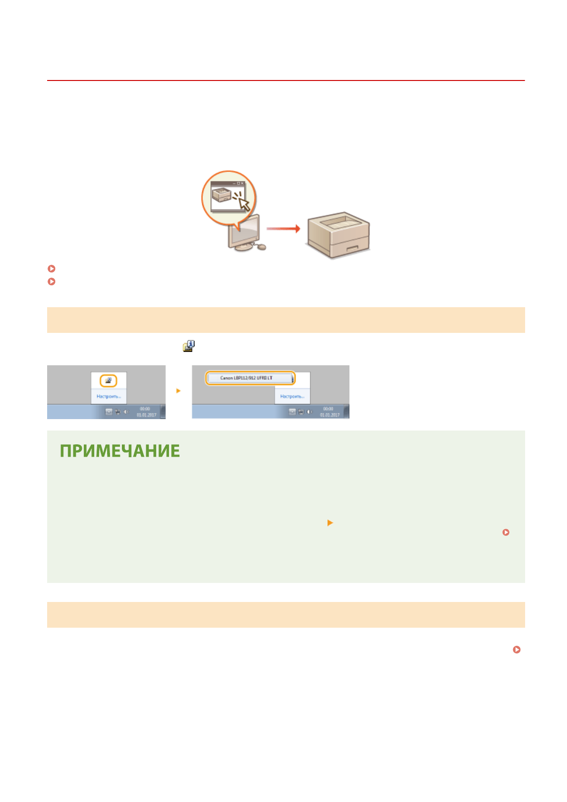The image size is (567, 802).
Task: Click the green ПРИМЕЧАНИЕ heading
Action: (x=119, y=451)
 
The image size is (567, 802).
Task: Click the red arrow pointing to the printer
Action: (x=283, y=229)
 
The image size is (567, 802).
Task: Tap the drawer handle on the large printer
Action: (x=353, y=248)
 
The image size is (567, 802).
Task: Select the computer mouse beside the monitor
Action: (x=261, y=247)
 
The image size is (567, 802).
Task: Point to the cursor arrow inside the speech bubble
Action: (x=244, y=203)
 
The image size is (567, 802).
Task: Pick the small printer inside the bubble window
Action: (x=221, y=194)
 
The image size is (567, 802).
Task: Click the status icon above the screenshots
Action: (x=189, y=346)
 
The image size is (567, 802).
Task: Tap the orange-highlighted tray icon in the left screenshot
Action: (x=109, y=381)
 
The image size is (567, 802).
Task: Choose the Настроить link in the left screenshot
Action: (x=109, y=396)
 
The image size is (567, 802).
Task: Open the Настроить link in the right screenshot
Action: (x=292, y=396)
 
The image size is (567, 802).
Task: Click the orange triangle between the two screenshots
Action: (x=179, y=391)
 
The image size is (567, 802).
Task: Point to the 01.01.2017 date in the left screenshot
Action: (x=146, y=415)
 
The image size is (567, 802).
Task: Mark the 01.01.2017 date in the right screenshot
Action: (x=329, y=415)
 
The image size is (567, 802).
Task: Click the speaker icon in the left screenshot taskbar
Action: (x=126, y=411)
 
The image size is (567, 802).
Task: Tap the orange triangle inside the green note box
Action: (x=330, y=523)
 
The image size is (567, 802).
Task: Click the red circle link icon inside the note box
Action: (x=506, y=532)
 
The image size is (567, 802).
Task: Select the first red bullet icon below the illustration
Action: (x=52, y=269)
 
